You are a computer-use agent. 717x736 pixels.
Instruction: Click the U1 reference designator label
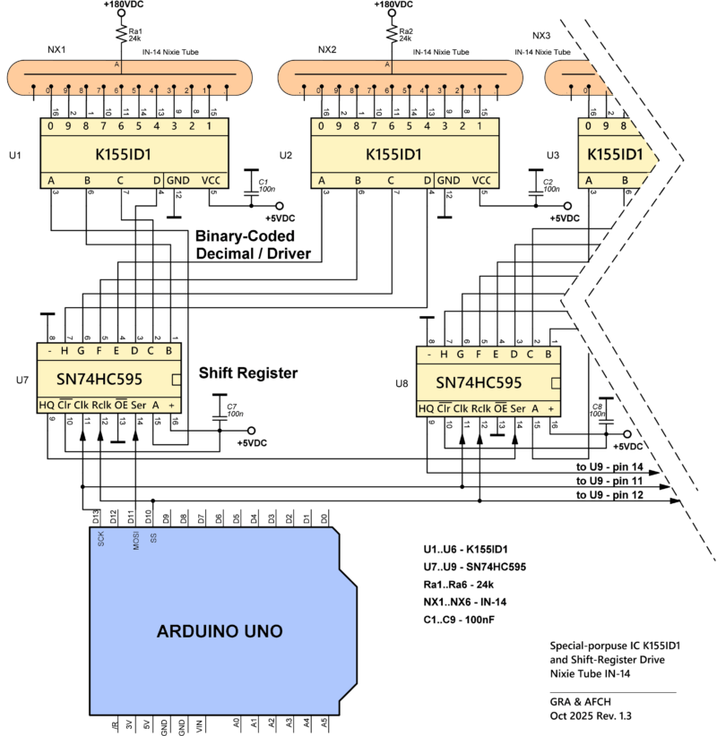click(x=13, y=155)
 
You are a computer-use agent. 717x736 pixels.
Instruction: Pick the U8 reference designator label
click(x=402, y=383)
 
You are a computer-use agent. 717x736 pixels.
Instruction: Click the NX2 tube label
click(x=327, y=49)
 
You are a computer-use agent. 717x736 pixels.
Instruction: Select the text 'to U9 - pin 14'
click(x=609, y=467)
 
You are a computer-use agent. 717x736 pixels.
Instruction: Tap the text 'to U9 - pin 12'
click(x=609, y=494)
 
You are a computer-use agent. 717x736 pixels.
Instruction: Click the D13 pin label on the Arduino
click(x=97, y=518)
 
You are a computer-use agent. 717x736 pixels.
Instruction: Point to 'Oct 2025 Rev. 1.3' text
click(x=595, y=716)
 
